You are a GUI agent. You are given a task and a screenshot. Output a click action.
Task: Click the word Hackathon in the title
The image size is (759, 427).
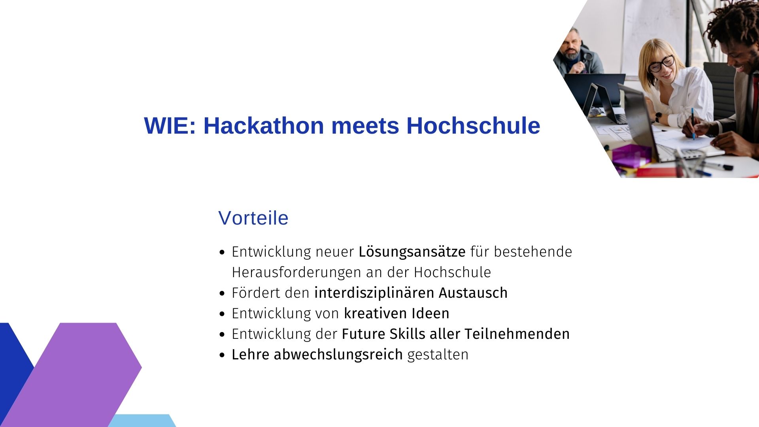(264, 126)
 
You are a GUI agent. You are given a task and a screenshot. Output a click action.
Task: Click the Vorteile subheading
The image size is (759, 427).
(253, 218)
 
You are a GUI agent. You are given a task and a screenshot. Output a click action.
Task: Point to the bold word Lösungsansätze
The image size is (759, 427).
(412, 252)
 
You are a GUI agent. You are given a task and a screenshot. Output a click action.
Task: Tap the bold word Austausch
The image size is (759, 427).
(473, 293)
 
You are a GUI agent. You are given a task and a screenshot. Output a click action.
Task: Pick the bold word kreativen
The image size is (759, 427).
(376, 314)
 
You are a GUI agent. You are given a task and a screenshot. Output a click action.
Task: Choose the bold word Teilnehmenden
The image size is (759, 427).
(517, 334)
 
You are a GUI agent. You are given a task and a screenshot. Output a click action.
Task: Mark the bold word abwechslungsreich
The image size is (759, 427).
(338, 355)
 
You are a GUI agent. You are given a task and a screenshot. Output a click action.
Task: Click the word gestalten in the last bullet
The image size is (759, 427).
(438, 355)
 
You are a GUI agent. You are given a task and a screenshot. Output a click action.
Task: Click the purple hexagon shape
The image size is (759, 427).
(75, 374)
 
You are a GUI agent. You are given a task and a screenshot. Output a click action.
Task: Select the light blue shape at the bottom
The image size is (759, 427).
(142, 421)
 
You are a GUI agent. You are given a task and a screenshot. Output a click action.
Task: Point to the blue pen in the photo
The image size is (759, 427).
(693, 123)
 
